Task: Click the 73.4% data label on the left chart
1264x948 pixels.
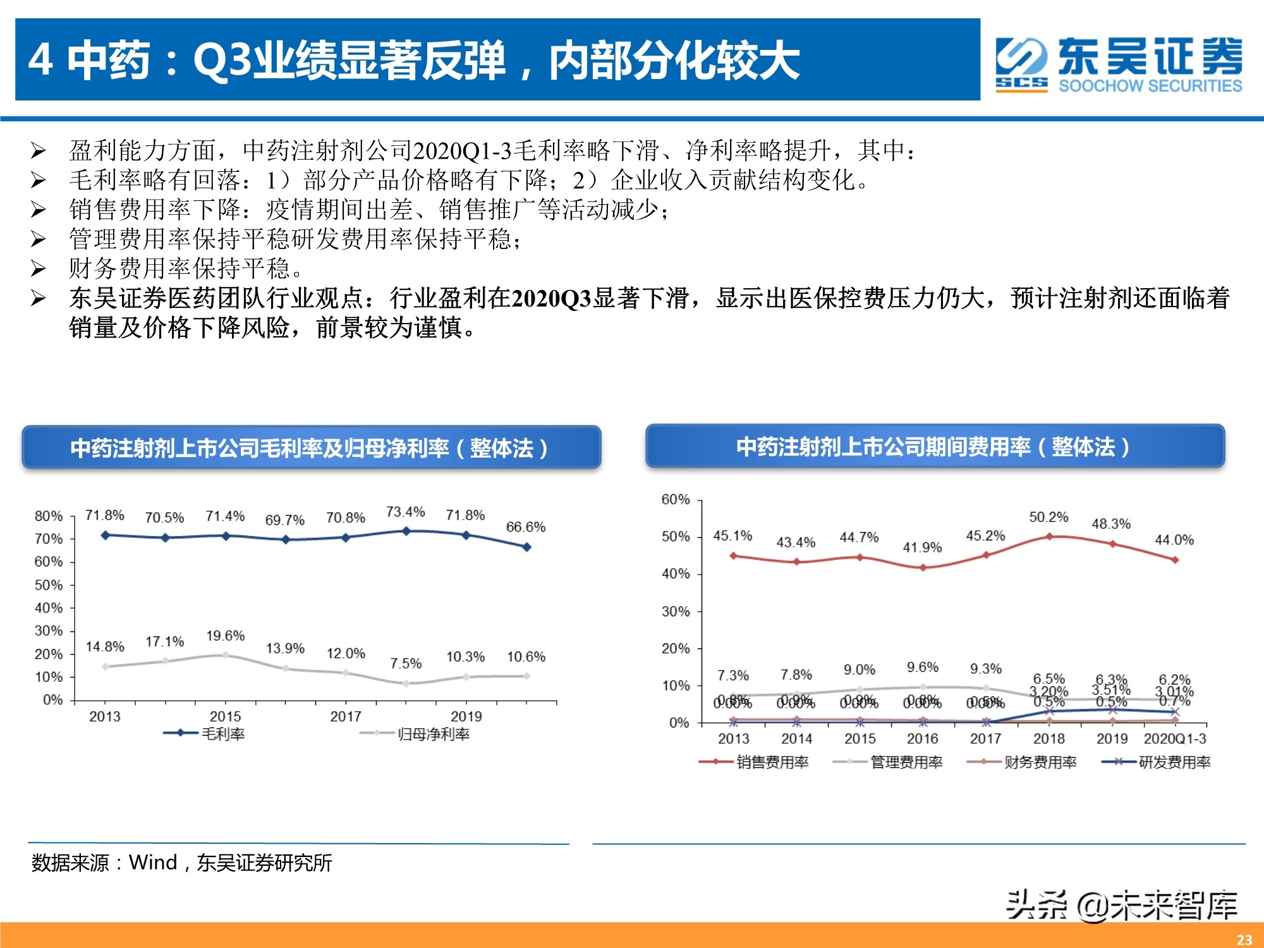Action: (406, 512)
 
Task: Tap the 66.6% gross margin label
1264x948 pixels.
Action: (525, 527)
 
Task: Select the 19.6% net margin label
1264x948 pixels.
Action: (225, 636)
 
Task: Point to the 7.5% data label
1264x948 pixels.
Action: (406, 664)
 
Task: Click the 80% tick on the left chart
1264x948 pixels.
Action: (49, 516)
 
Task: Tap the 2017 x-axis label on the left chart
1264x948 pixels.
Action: (346, 717)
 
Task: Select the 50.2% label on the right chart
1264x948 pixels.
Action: (1048, 517)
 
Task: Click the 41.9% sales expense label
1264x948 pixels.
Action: (922, 547)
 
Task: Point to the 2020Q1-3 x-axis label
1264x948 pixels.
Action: (1174, 739)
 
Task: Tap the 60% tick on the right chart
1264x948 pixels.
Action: (675, 500)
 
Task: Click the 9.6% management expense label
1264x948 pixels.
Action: (922, 667)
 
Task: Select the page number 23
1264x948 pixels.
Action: (1244, 940)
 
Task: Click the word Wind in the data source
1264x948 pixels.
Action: (153, 863)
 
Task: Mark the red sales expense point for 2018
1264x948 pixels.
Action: (1049, 537)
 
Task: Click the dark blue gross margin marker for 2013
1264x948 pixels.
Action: (106, 535)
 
